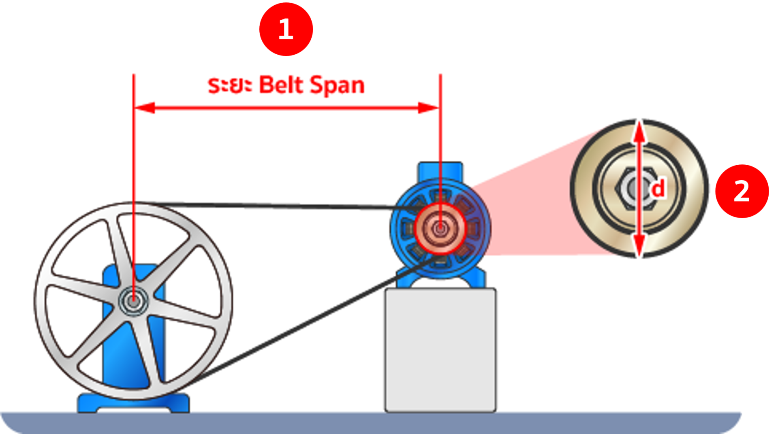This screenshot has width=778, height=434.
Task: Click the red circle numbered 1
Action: [286, 29]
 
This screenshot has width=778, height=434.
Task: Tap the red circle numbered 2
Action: [742, 191]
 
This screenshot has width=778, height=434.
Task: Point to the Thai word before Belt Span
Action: [230, 85]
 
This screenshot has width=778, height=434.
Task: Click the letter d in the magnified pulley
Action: [658, 189]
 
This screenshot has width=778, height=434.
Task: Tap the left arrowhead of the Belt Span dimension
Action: [144, 108]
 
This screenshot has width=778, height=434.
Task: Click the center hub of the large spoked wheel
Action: [133, 301]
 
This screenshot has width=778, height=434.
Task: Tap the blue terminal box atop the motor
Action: [440, 170]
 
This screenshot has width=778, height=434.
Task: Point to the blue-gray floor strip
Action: [365, 423]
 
